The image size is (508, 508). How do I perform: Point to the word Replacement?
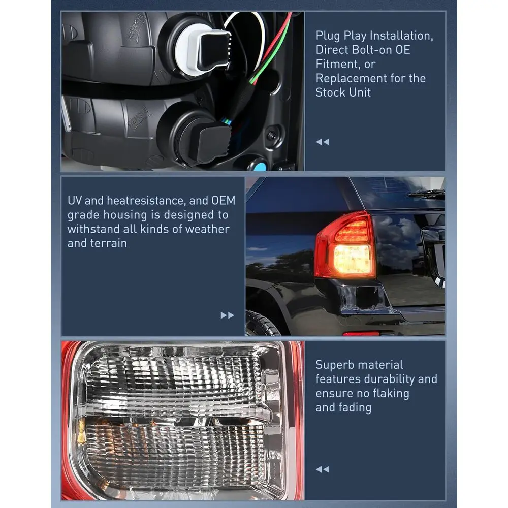coord(351,78)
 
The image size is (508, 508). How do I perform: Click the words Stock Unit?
coord(343,92)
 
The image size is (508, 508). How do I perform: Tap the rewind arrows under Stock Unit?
coord(323,142)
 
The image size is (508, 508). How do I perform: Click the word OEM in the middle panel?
coord(223,201)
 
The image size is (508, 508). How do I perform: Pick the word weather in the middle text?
coord(207,229)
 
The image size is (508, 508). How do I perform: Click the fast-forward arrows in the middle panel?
coord(227,315)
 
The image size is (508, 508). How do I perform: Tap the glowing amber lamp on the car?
coord(352,259)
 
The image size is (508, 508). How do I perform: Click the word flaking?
coord(391,393)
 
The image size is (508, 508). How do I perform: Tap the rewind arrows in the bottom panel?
coord(323,469)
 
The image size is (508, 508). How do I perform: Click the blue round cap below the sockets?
coord(260,167)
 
